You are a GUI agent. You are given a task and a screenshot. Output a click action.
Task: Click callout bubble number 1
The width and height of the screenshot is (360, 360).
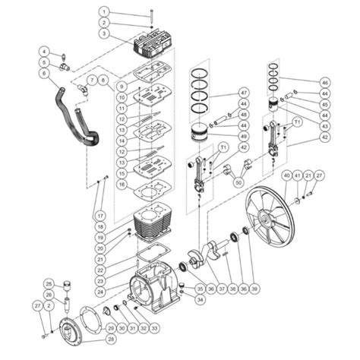point(105,12)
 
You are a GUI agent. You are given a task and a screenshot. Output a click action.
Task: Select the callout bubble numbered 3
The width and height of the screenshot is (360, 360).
point(105,34)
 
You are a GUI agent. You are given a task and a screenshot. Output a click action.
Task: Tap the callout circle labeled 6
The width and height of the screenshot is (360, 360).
point(44,73)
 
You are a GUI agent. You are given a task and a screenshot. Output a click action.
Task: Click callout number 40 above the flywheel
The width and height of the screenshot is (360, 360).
point(286,175)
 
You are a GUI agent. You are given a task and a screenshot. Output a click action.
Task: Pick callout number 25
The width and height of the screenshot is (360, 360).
point(47,283)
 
